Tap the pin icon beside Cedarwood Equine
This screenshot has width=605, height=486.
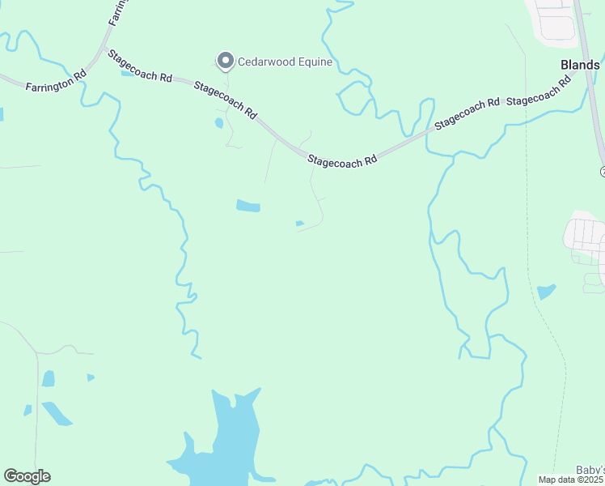[x=226, y=61]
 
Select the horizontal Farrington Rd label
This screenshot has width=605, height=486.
[x=55, y=84]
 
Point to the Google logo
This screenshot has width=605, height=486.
[x=27, y=476]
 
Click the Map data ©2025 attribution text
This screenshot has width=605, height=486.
[x=571, y=480]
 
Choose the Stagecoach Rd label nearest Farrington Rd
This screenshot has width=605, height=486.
[x=142, y=67]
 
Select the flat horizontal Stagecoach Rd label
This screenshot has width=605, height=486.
[x=343, y=161]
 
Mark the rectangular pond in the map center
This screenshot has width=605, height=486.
[x=248, y=206]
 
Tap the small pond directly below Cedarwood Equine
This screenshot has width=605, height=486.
[x=219, y=124]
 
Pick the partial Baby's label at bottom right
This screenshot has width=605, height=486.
[x=590, y=470]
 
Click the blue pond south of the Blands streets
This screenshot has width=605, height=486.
[x=547, y=291]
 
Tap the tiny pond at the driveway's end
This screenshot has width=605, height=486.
[x=300, y=224]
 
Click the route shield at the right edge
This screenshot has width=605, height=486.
[x=603, y=171]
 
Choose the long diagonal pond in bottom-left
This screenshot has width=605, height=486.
[x=57, y=413]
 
